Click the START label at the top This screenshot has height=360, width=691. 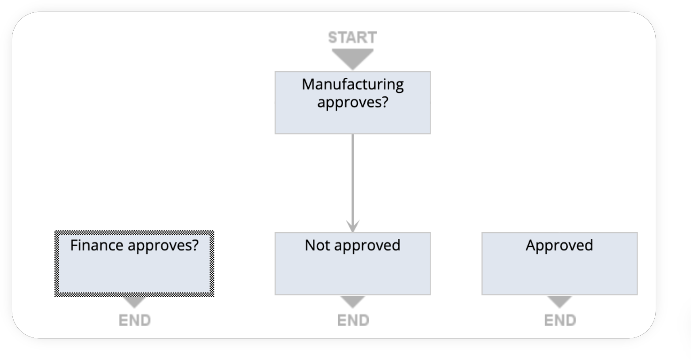coord(352,38)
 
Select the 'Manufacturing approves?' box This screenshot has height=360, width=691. coord(352,117)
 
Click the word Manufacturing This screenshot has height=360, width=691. coord(352,84)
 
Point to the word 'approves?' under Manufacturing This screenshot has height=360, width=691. coord(352,103)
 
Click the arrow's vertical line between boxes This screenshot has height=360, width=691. coord(352,177)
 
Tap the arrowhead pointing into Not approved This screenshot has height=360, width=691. coord(352,226)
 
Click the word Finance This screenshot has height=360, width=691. coord(97,245)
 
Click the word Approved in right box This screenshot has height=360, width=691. coord(559,245)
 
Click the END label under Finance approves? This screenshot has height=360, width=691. coord(134,320)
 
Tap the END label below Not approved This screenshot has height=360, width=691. coord(352,320)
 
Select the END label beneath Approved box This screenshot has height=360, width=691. coord(559,320)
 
